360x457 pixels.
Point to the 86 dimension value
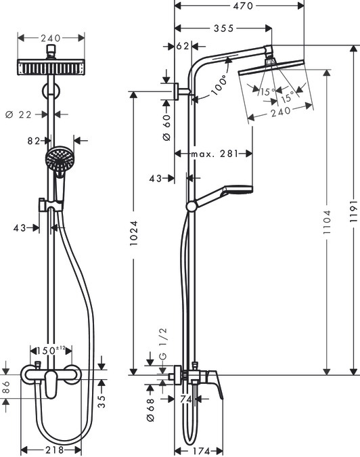pos(6,387)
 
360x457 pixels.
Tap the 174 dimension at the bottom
pos(196,450)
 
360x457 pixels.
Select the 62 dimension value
pos(182,47)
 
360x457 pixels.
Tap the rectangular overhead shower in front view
pos(51,68)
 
